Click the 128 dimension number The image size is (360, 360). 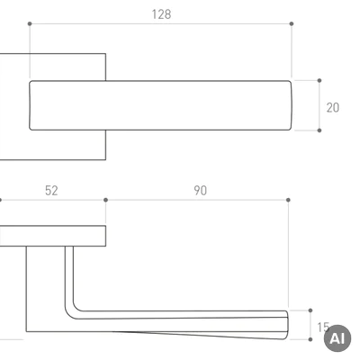[x=161, y=14]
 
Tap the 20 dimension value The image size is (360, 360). [x=333, y=108]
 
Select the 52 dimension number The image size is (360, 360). [x=51, y=191]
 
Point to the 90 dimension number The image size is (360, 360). [x=200, y=191]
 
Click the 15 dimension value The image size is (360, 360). [x=323, y=328]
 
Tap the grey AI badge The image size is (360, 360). [x=337, y=338]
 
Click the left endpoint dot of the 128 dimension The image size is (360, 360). [x=30, y=23]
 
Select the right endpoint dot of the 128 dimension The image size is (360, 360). [x=292, y=23]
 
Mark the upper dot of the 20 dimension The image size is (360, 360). [x=319, y=80]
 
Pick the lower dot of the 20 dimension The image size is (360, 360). [x=319, y=130]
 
